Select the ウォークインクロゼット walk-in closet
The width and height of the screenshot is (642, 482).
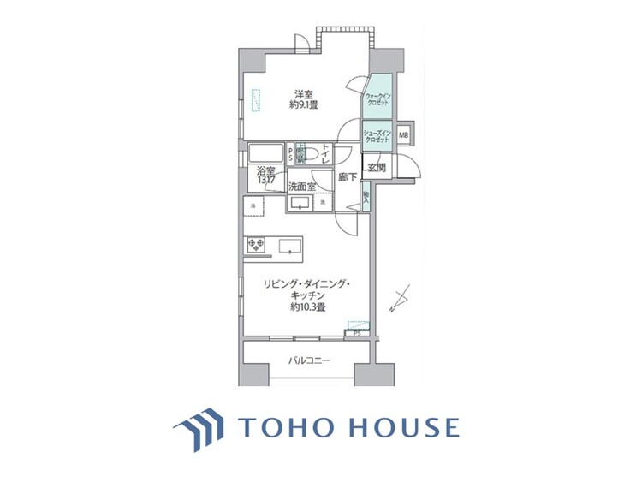click(377, 99)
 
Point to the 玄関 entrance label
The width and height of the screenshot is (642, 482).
click(376, 169)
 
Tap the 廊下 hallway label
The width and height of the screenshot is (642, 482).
click(346, 178)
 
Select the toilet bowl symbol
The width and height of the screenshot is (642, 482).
click(312, 155)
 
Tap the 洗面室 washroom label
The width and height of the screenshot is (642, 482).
click(300, 186)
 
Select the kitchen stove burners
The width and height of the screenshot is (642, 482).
click(256, 245)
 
